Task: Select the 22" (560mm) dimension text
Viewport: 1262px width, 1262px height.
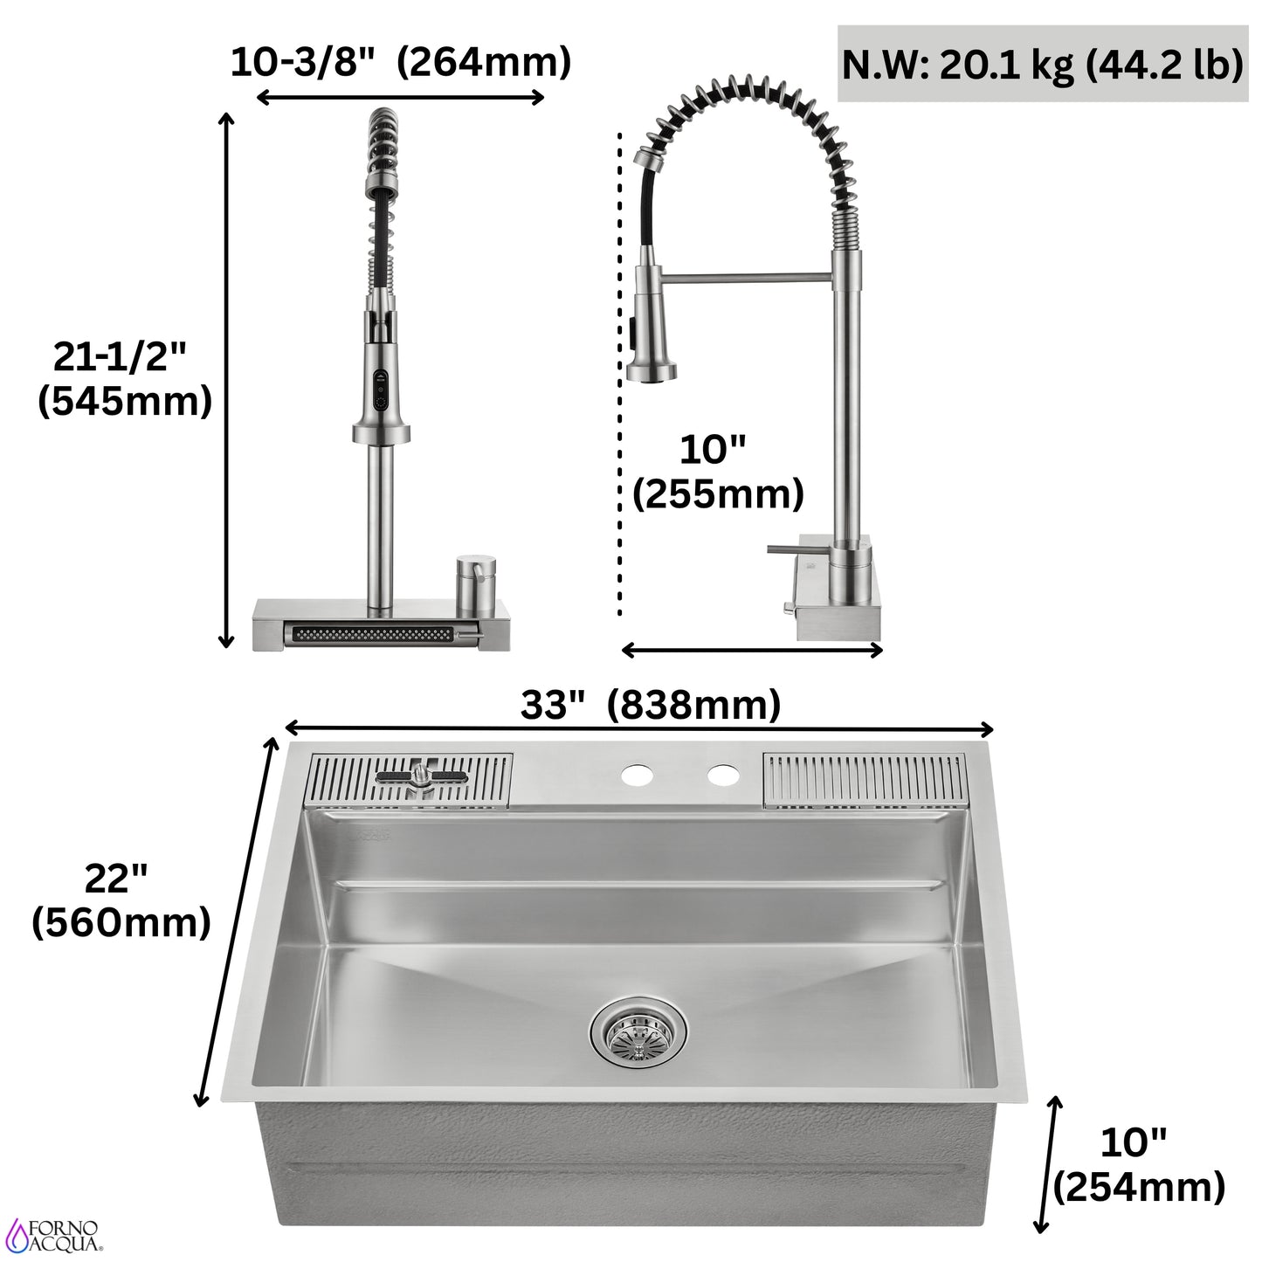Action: click(121, 900)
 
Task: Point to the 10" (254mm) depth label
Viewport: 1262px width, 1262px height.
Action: click(1138, 1163)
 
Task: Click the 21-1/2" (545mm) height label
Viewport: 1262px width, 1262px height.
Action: click(124, 377)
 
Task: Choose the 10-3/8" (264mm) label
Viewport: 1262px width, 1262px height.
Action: click(400, 63)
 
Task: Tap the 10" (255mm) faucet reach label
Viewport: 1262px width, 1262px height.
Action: click(717, 472)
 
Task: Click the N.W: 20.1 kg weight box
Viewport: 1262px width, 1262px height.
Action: click(1042, 65)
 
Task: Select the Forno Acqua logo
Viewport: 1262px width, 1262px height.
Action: click(54, 1230)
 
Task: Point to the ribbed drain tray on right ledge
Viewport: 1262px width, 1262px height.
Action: click(865, 779)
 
